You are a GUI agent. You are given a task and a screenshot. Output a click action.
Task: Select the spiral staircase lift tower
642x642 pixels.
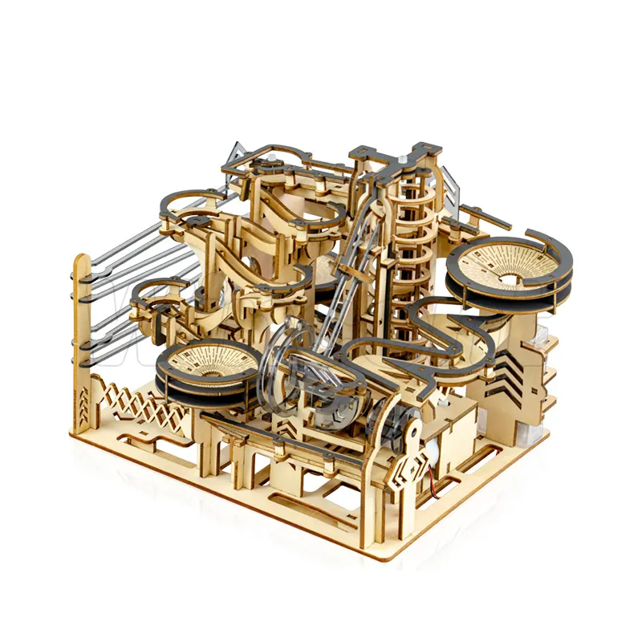coord(409,241)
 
